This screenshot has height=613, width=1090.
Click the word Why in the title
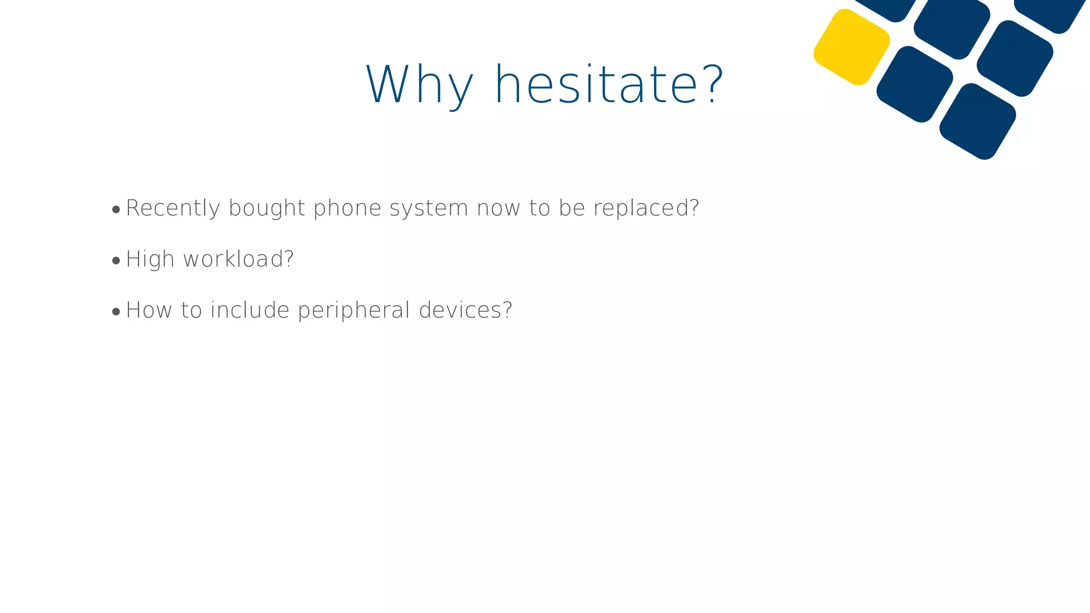coord(419,85)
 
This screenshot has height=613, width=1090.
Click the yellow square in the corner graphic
coord(852,47)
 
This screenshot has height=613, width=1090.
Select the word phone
coord(348,208)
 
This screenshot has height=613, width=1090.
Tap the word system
coord(429,208)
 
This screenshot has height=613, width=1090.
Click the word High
coord(150,259)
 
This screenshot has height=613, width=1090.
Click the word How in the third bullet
coord(149,310)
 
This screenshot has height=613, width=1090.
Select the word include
coord(250,310)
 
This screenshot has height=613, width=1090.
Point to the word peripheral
coord(354,310)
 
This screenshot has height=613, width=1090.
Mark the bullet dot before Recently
coord(116,210)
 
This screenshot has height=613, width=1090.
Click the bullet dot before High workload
coord(116,261)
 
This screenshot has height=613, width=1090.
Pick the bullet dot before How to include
coord(116,312)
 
